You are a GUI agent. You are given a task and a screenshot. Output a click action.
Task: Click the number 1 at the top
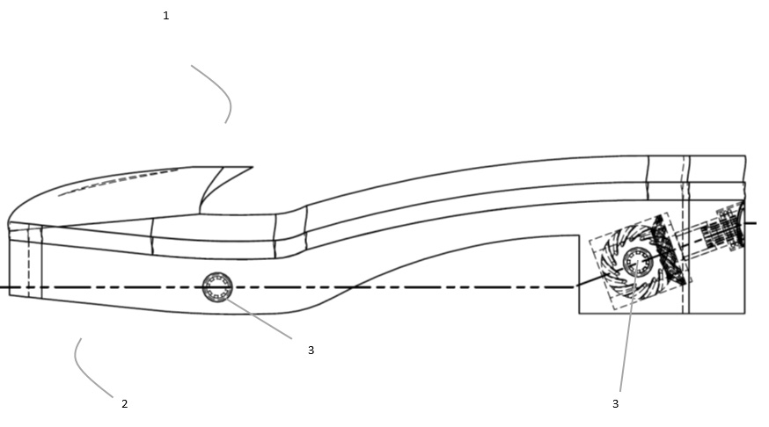coord(165,16)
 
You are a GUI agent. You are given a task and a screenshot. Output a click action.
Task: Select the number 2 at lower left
coord(125,404)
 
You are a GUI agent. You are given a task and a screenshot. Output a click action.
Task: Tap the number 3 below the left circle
coord(311,350)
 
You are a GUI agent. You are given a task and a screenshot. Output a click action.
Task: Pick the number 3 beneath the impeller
coord(616,404)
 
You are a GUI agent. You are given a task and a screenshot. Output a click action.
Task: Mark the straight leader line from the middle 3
coord(259,318)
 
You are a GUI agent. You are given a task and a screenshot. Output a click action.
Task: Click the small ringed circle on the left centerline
coord(217,287)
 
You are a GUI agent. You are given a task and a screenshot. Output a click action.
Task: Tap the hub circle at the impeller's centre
coord(638,263)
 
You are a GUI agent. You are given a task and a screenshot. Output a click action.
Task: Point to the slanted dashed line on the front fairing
coord(118,182)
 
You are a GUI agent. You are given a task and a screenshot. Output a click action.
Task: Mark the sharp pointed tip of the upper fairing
coord(253,167)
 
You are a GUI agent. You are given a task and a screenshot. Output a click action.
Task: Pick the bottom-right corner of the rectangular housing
coord(745,314)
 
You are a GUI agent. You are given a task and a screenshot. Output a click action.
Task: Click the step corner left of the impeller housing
coord(579,236)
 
